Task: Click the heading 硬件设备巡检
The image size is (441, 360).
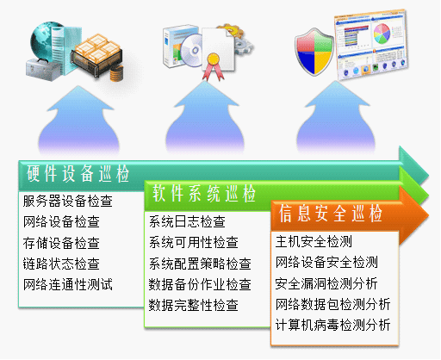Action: click(78, 174)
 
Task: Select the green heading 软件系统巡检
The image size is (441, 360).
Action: click(204, 193)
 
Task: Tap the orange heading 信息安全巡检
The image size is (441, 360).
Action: click(331, 214)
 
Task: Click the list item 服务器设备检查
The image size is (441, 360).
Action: click(68, 201)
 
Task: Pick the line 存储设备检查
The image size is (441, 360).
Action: click(61, 243)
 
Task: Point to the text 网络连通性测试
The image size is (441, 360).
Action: click(68, 284)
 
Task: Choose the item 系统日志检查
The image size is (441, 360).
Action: click(187, 221)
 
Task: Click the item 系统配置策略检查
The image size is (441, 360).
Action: click(200, 264)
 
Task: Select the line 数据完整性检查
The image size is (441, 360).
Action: click(194, 305)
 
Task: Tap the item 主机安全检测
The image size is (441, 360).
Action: click(314, 241)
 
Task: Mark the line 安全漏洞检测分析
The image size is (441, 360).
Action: click(326, 283)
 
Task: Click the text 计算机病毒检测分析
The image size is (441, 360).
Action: click(332, 325)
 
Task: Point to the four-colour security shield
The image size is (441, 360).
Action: click(314, 52)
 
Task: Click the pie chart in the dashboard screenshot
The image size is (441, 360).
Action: click(382, 34)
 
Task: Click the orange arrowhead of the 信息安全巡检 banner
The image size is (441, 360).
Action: click(413, 215)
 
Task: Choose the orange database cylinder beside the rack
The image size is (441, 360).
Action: click(116, 73)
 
